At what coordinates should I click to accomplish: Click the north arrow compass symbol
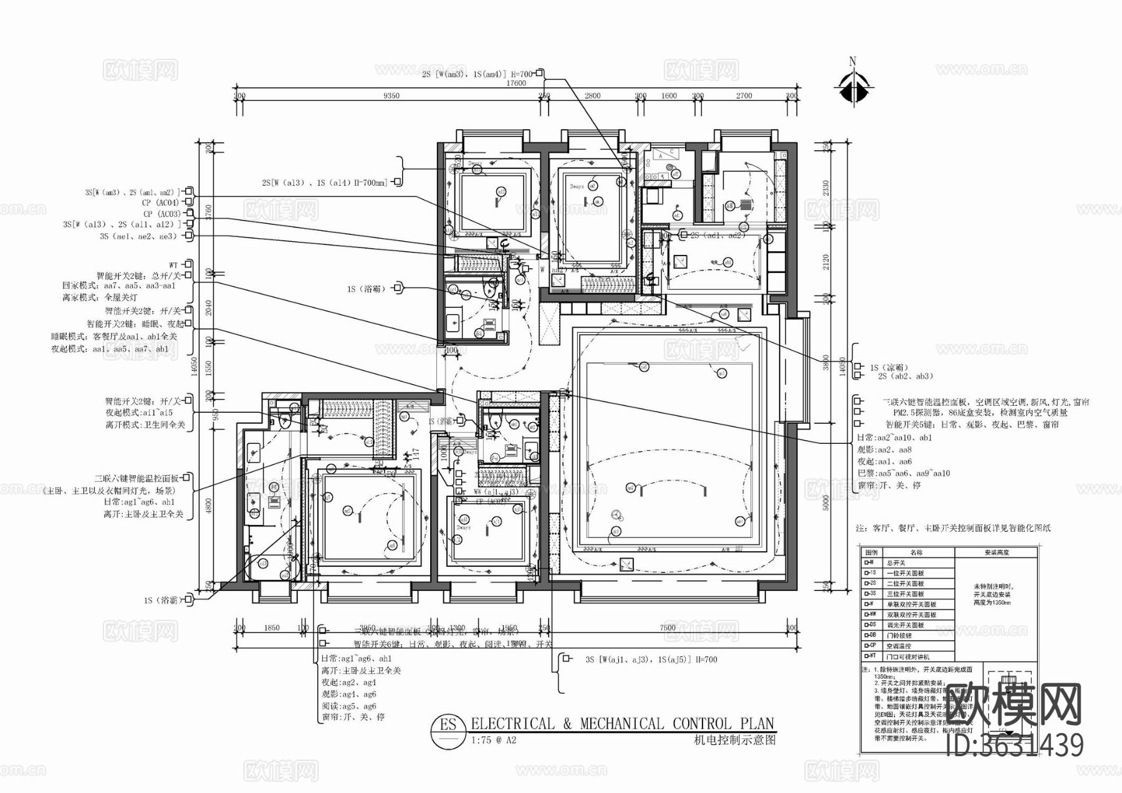[853, 85]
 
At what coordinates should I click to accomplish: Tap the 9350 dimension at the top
[391, 96]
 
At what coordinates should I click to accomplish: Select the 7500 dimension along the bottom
[668, 628]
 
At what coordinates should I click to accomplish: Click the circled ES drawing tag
[448, 725]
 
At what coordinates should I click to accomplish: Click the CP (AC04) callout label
[160, 203]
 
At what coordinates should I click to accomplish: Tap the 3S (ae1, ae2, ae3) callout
[138, 236]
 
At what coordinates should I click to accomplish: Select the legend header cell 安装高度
[996, 552]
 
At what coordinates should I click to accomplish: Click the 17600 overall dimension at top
[516, 83]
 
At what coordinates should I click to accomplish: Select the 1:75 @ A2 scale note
[494, 741]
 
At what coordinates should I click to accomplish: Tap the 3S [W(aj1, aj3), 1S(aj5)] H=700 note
[651, 659]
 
